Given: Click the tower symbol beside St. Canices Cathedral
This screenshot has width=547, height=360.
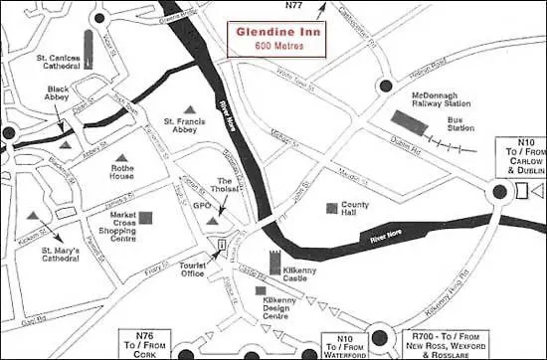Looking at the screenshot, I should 86,52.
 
